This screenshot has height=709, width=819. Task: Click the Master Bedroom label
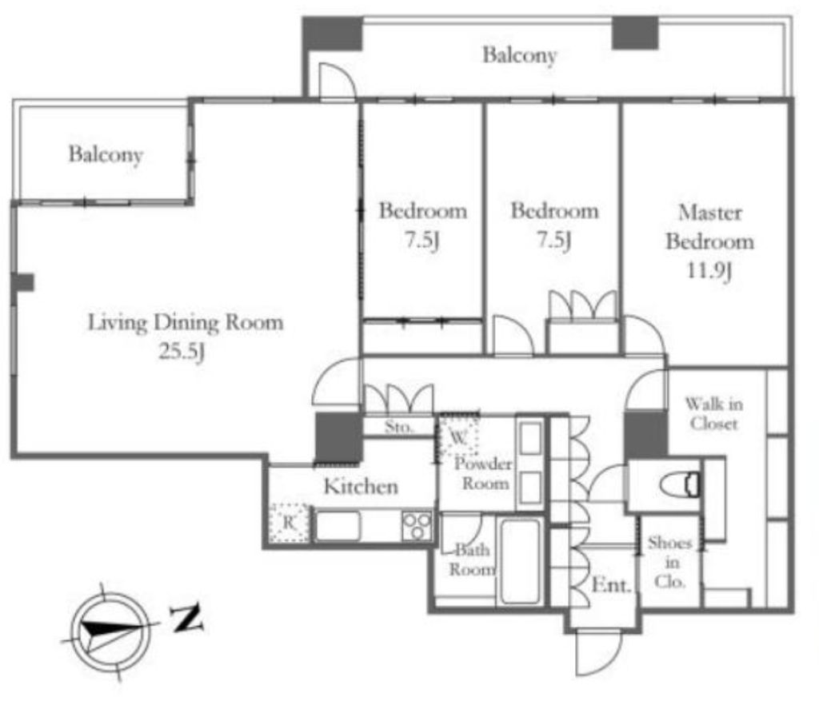click(x=710, y=227)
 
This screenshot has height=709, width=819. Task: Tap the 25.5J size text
click(x=182, y=352)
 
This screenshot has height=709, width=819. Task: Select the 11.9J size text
click(x=709, y=270)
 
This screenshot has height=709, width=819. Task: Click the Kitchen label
click(x=361, y=487)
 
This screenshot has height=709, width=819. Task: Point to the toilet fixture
click(x=679, y=485)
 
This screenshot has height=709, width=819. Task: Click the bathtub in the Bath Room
click(x=520, y=561)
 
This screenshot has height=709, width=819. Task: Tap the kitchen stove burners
click(x=417, y=526)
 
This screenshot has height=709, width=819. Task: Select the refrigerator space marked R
click(x=289, y=523)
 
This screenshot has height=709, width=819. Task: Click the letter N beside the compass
click(x=186, y=618)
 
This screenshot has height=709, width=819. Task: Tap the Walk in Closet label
click(x=713, y=413)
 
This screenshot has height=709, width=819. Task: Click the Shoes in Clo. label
click(x=670, y=562)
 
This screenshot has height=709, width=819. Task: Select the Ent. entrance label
click(x=611, y=585)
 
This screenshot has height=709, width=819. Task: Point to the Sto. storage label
click(x=399, y=427)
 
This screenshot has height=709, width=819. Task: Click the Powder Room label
click(x=483, y=473)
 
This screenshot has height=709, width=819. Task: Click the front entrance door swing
click(x=598, y=652)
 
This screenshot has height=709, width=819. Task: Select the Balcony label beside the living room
click(x=106, y=154)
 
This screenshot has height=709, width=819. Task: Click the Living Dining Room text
click(x=186, y=322)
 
